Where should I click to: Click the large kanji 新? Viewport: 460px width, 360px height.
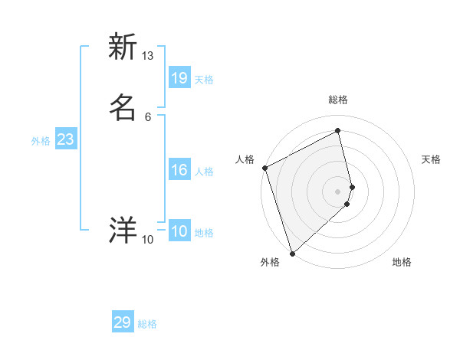click(123, 47)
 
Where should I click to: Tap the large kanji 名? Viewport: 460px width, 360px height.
click(123, 107)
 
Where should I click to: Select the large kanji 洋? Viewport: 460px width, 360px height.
click(123, 231)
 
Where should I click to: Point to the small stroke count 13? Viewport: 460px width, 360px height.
click(148, 56)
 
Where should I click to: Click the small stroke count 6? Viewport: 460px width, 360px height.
click(148, 116)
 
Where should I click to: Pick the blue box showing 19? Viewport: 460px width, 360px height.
click(179, 78)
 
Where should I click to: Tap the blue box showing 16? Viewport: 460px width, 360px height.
click(179, 170)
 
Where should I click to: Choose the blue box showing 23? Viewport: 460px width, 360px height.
click(65, 139)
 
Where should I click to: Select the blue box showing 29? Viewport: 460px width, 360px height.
click(123, 322)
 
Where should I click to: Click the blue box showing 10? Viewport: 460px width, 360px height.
click(179, 231)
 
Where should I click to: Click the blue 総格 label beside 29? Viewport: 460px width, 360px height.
click(147, 324)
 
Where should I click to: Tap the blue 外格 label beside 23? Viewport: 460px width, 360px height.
click(41, 141)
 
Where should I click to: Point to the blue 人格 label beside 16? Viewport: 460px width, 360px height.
click(205, 172)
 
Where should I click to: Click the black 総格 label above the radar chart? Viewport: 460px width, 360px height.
click(338, 100)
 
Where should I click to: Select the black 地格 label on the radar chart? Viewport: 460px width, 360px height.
click(402, 262)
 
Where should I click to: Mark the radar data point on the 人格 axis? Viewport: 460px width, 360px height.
click(264, 168)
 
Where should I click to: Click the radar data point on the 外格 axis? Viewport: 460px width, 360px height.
click(292, 253)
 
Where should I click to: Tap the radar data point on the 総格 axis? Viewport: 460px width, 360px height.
click(338, 131)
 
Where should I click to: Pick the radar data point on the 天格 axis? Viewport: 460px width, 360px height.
click(352, 187)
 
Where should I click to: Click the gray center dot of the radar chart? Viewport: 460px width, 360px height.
click(338, 191)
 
